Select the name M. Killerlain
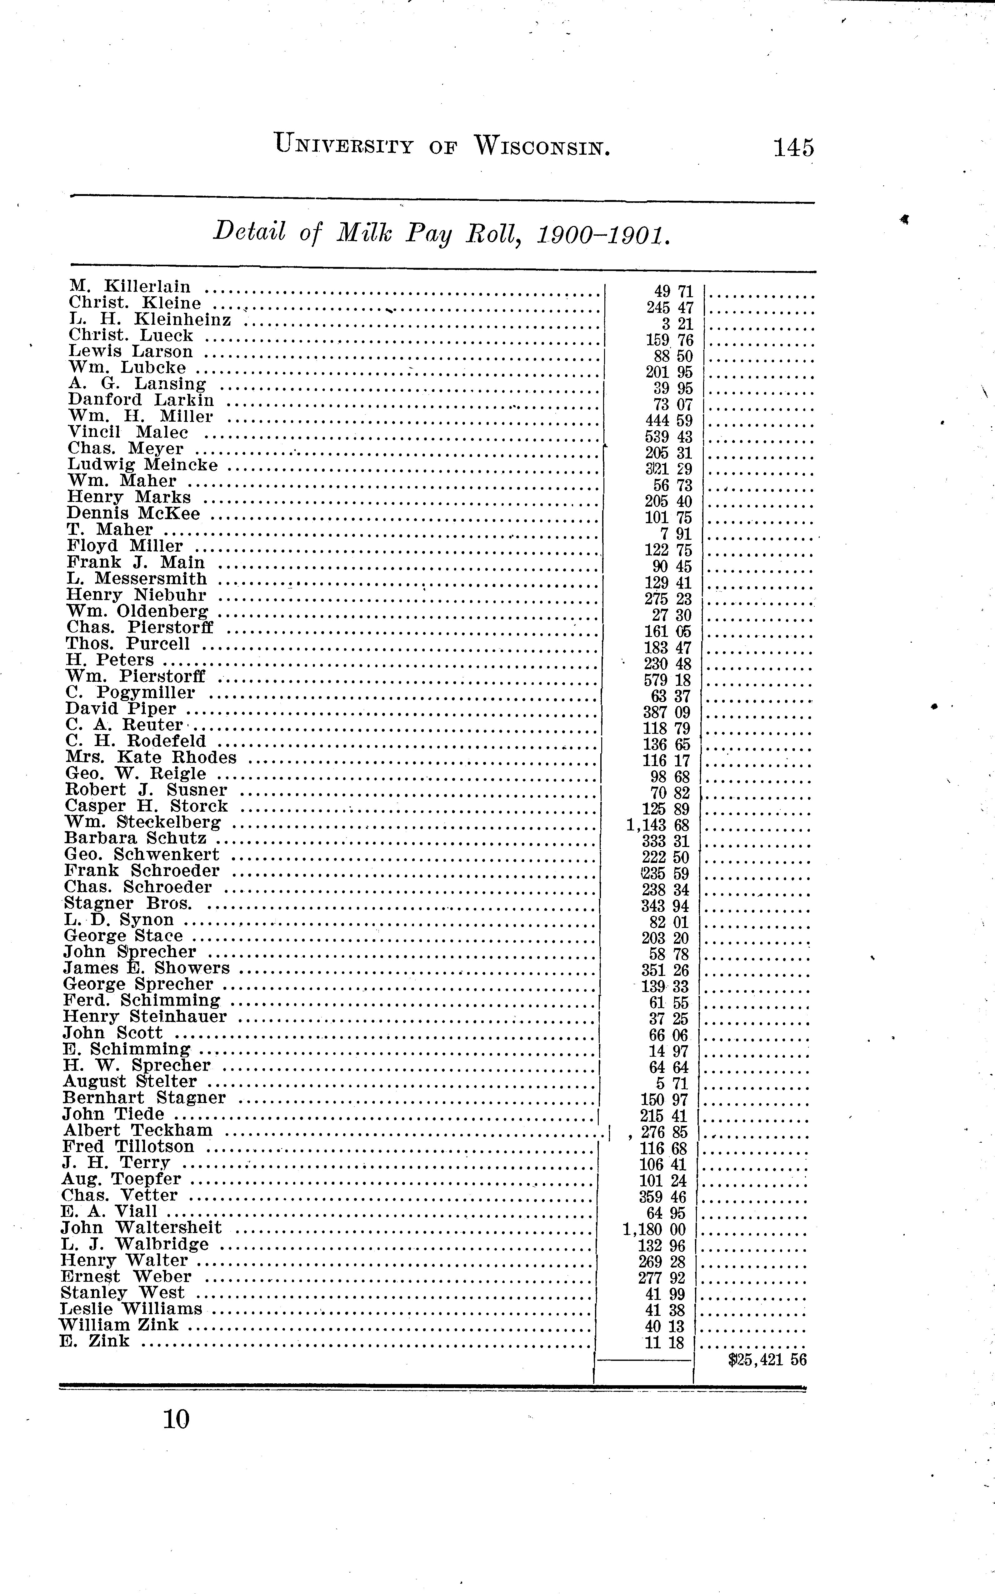point(130,287)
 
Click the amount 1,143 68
point(658,825)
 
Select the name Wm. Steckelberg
point(143,822)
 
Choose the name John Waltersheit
point(141,1227)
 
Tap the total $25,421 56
point(767,1360)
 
